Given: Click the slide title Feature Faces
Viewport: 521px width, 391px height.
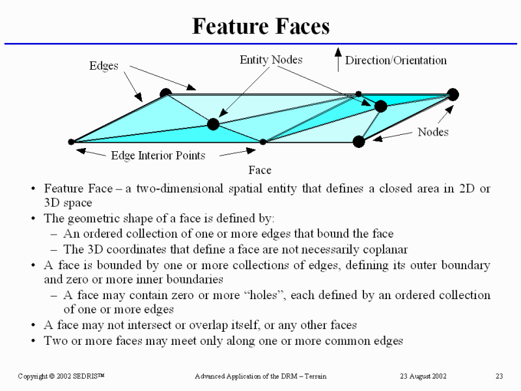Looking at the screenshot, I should pos(260,26).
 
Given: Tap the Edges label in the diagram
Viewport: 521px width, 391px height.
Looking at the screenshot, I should pos(104,66).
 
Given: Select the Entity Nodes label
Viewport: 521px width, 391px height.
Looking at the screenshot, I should pos(271,60).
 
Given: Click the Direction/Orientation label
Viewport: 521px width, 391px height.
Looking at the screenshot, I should pos(395,61).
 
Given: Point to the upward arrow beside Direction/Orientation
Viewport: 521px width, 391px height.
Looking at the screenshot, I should pos(337,59).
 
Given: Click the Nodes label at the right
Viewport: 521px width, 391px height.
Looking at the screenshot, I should pos(433,132).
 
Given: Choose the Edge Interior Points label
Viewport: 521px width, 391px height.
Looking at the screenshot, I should pos(158,155).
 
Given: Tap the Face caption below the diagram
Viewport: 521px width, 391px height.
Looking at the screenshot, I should pos(260,170).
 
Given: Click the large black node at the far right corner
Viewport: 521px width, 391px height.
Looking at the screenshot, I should pos(453,94).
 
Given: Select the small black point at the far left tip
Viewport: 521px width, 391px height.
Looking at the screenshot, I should pos(71,141).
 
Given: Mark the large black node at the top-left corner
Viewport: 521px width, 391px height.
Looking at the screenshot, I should pos(165,94).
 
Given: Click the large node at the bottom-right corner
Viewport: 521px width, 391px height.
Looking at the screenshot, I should pos(358,141).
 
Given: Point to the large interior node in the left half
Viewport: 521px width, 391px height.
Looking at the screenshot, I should pos(213,124).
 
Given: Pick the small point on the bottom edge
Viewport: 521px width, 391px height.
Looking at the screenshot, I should pos(263,141).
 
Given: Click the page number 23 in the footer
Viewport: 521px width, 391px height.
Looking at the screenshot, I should pos(500,377).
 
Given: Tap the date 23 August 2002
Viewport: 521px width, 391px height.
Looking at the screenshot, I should pos(423,377).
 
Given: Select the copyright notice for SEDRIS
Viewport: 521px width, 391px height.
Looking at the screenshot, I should pos(66,377).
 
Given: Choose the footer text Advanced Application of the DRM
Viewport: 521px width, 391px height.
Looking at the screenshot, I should pos(260,377).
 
